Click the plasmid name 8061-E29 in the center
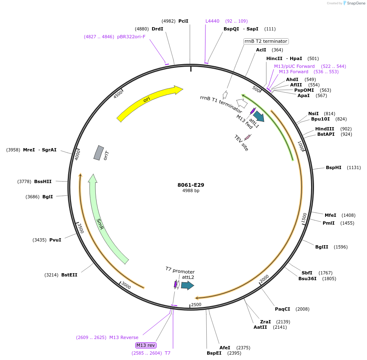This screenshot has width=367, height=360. [x=191, y=185]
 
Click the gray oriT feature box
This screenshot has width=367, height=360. [x=99, y=153]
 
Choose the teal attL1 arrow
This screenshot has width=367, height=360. [x=259, y=116]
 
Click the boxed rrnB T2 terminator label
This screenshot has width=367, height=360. [x=266, y=41]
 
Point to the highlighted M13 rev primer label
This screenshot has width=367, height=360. [x=146, y=345]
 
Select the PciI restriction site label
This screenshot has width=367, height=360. [x=183, y=21]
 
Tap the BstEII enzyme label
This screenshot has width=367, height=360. [x=69, y=275]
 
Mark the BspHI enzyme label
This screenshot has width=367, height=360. [x=333, y=167]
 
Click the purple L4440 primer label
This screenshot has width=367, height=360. [x=212, y=21]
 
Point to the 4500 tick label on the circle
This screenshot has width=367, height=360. [x=118, y=94]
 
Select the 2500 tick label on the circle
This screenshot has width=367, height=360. [x=196, y=304]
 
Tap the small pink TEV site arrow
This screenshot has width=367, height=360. [x=247, y=137]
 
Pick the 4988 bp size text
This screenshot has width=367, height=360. [x=191, y=191]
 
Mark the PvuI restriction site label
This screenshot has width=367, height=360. [x=55, y=240]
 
